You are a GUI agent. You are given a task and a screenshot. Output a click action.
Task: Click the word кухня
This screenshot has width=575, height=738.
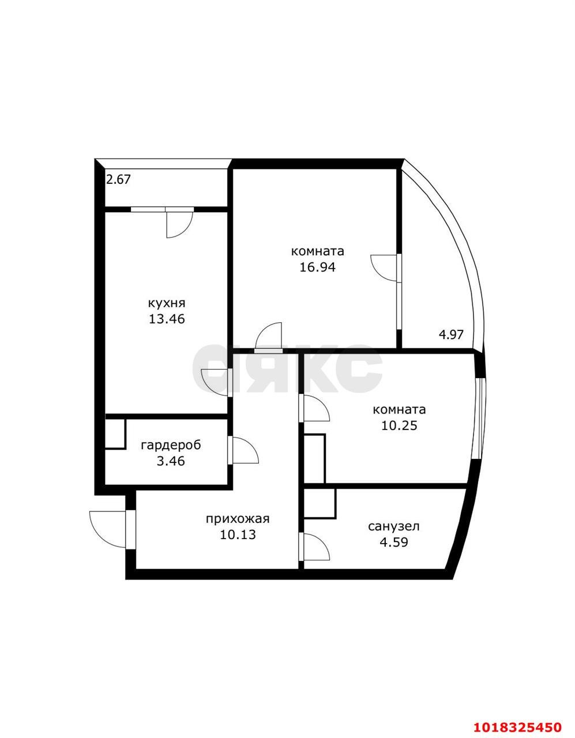167,303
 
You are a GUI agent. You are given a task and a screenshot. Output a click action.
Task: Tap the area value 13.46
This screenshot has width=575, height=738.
167,319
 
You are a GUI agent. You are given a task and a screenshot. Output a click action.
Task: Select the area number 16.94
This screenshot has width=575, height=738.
317,267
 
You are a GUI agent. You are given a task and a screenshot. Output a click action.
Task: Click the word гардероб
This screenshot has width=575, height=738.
171,445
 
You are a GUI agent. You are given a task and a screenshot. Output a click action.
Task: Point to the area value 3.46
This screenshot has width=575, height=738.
171,461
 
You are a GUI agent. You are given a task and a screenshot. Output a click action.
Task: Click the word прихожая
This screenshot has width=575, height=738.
238,519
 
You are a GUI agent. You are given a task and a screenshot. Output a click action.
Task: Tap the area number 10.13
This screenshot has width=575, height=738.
238,534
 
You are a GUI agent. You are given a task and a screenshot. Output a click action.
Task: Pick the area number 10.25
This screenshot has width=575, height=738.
399,426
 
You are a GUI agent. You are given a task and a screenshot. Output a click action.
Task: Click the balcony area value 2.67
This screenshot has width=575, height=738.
118,179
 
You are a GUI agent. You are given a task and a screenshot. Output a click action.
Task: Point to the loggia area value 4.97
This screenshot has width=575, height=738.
451,335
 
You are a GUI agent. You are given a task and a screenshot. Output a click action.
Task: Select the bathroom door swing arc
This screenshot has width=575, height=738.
322,542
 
